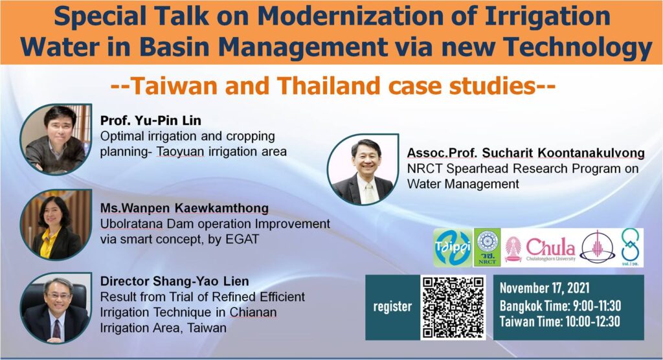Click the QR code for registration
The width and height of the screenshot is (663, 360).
tap(453, 307)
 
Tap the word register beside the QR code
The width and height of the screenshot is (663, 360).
tap(392, 307)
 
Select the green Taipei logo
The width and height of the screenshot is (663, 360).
tap(453, 248)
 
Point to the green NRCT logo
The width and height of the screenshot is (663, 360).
tap(487, 247)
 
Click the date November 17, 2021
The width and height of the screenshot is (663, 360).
tap(545, 289)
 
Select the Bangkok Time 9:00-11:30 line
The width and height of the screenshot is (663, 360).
tap(560, 306)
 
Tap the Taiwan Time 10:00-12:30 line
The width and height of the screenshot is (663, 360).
tap(560, 322)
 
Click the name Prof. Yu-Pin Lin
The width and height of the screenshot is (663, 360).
tap(150, 120)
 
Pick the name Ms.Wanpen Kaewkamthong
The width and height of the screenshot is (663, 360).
tap(185, 208)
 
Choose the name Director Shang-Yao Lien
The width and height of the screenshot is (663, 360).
tap(174, 281)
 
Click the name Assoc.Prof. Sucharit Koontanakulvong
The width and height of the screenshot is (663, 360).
tap(526, 153)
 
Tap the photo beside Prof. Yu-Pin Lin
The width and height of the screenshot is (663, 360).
tap(56, 139)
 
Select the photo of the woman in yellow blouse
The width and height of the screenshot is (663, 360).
tap(56, 225)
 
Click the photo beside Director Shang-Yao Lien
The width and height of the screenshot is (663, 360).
tap(56, 308)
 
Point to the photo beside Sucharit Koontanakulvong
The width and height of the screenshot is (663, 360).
tap(363, 170)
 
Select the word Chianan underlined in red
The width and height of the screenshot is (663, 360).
tap(253, 312)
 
